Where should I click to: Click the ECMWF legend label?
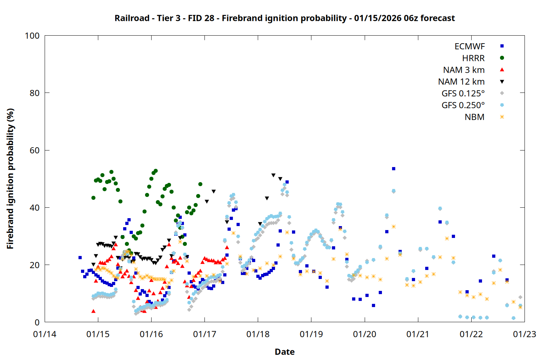click(x=469, y=46)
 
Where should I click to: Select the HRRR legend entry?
click(x=473, y=58)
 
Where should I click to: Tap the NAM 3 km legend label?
click(x=464, y=70)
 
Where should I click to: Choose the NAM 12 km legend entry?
click(x=461, y=82)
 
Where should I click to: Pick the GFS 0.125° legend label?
click(x=463, y=94)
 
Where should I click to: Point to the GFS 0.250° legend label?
click(x=463, y=105)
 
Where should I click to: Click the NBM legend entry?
click(x=474, y=117)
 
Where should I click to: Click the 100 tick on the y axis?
click(x=32, y=36)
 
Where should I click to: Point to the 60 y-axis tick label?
click(x=35, y=150)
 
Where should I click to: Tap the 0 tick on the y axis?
click(x=37, y=323)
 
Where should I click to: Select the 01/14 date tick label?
click(x=45, y=334)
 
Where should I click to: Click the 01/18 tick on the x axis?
click(x=258, y=334)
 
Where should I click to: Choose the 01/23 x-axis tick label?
click(x=525, y=334)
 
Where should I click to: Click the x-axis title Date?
click(x=284, y=352)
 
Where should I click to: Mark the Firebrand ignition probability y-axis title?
click(x=10, y=179)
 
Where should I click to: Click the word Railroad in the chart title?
click(x=132, y=18)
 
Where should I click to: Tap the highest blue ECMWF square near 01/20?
click(x=393, y=168)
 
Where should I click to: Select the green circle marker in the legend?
click(x=502, y=58)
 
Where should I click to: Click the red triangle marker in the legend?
click(x=502, y=69)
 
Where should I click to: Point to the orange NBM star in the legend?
click(x=502, y=117)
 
